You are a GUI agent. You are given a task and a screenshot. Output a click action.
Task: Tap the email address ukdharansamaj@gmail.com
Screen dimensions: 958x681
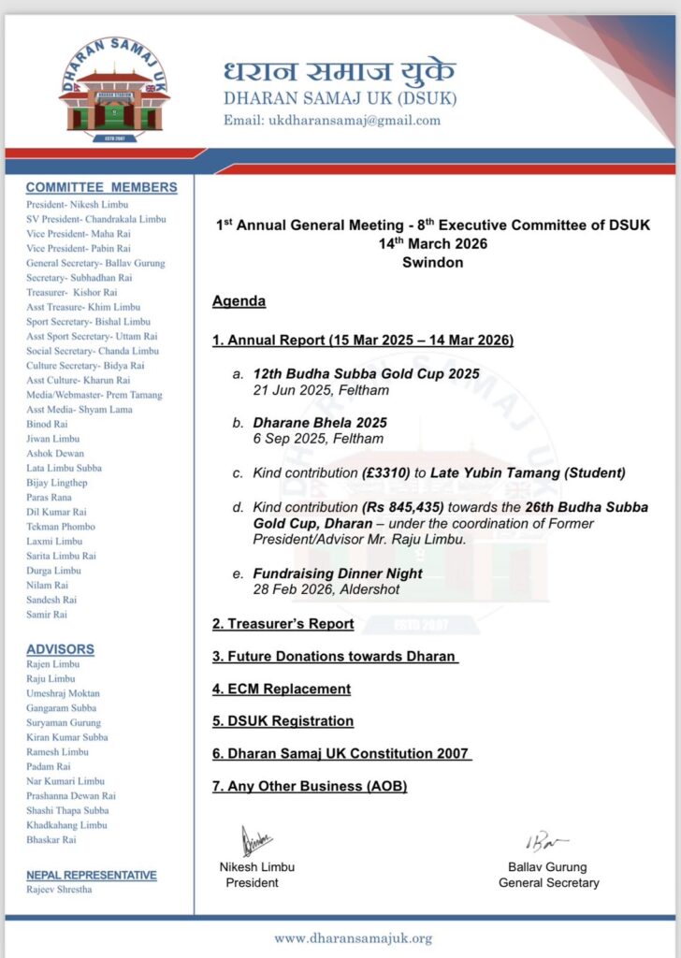(x=331, y=121)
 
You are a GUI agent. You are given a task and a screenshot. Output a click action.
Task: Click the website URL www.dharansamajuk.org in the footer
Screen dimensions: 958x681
(x=353, y=937)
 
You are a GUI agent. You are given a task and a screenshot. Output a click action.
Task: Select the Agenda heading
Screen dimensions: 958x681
(x=239, y=301)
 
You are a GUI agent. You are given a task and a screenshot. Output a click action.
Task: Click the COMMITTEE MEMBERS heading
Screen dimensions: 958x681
(x=101, y=187)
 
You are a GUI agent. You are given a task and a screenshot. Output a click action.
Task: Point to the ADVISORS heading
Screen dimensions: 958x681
(x=60, y=649)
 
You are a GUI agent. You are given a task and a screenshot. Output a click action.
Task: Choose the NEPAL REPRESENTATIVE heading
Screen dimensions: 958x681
(x=92, y=875)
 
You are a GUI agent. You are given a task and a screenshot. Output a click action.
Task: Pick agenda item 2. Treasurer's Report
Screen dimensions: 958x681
(x=283, y=623)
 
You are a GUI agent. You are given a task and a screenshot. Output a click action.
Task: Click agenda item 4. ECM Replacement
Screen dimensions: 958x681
(x=282, y=689)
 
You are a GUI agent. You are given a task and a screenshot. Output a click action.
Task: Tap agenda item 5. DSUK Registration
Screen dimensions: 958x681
(x=283, y=721)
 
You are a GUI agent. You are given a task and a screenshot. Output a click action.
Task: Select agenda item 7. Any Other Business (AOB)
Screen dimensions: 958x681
(x=310, y=787)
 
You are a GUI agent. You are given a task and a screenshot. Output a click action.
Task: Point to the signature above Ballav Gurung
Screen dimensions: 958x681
(x=545, y=842)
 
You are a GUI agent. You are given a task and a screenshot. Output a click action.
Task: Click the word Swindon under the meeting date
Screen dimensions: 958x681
(x=432, y=262)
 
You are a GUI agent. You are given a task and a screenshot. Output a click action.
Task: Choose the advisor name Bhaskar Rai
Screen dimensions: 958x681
(x=51, y=840)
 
